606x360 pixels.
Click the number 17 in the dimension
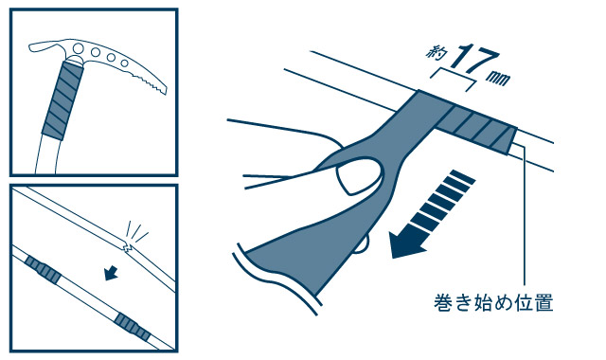click(474, 59)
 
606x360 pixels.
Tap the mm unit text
click(499, 78)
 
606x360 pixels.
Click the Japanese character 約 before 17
click(436, 53)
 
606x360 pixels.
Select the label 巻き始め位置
click(493, 302)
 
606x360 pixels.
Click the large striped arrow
click(430, 215)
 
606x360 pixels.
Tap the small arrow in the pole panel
click(112, 273)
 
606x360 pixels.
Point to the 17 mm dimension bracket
click(453, 80)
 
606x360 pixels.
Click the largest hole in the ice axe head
click(78, 48)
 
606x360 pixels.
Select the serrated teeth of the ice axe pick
click(151, 82)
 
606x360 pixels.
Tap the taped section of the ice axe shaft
click(62, 99)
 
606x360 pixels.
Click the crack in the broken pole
click(126, 246)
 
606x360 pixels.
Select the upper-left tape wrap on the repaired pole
click(44, 268)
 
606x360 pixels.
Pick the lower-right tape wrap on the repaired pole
click(133, 327)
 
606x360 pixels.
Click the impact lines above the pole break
click(136, 230)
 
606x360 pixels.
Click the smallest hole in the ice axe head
click(124, 63)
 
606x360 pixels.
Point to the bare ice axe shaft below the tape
click(48, 155)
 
